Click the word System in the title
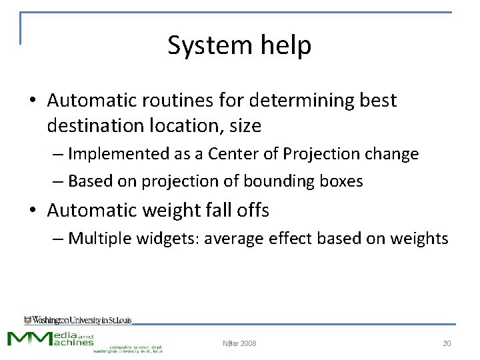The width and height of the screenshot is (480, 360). (200, 45)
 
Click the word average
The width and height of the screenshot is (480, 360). (233, 238)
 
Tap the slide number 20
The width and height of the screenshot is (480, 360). (447, 343)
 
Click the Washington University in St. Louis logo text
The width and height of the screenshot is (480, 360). (78, 320)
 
